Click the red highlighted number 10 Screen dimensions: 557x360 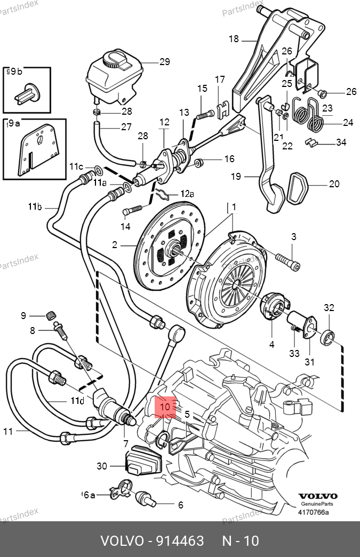coord(165,407)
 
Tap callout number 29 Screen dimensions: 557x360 coord(164,62)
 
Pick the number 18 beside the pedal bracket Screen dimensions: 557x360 coord(234,38)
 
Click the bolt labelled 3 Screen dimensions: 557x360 coord(288,261)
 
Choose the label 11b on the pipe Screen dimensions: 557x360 coord(35,206)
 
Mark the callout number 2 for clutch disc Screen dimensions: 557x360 coord(114,245)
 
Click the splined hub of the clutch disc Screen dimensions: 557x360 coord(175,248)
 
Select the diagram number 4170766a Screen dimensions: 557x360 coord(313,513)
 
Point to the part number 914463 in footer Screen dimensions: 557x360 coord(180,541)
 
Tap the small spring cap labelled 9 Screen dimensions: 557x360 coord(51,315)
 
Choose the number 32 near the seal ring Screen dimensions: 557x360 coord(329,308)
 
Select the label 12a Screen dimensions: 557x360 coord(187,193)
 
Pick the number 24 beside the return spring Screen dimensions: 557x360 coord(348,123)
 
